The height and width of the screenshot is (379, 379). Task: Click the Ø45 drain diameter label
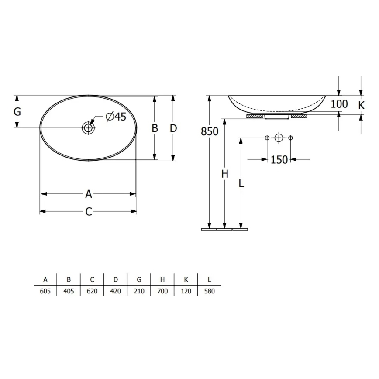(116, 117)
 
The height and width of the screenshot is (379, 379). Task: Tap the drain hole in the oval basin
(89, 128)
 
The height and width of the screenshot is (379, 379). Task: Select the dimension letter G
(17, 112)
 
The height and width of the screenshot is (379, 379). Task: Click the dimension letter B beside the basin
(154, 128)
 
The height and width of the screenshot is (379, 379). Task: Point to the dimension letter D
(173, 128)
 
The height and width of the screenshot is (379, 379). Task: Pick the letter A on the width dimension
(89, 194)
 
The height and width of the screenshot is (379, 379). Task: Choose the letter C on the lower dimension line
(89, 212)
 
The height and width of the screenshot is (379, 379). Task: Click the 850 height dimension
(210, 131)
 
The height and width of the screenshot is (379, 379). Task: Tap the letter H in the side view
(224, 174)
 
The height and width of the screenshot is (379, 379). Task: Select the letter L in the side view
(241, 183)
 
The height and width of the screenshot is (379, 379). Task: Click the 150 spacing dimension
(279, 160)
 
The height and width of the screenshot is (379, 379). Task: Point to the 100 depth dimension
(339, 104)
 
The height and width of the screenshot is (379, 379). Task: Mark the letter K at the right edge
(361, 105)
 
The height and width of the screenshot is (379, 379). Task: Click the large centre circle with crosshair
(279, 138)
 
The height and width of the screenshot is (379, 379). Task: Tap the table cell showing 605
(45, 291)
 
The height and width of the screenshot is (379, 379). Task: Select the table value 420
(115, 291)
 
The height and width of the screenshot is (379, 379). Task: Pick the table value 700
(162, 291)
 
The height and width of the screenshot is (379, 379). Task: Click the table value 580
(209, 291)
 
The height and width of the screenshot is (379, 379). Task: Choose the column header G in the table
(139, 279)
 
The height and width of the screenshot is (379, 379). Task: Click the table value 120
(186, 291)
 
